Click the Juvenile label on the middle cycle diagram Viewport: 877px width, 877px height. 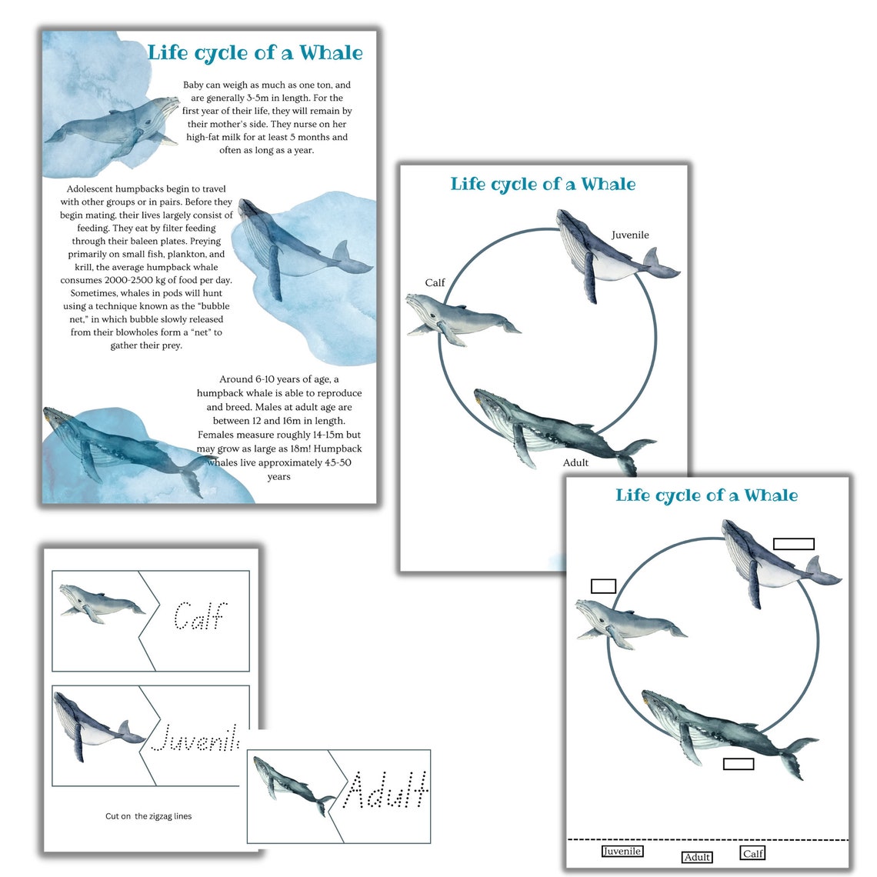pyautogui.click(x=630, y=235)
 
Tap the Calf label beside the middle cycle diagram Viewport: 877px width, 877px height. pyautogui.click(x=435, y=283)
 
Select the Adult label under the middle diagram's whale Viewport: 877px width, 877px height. pyautogui.click(x=575, y=462)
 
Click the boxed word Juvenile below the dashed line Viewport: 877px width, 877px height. pyautogui.click(x=622, y=852)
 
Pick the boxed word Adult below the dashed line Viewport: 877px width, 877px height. pyautogui.click(x=697, y=857)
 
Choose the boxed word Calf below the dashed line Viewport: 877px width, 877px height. pyautogui.click(x=752, y=853)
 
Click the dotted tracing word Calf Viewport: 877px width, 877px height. pyautogui.click(x=198, y=616)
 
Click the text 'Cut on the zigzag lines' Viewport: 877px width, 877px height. pyautogui.click(x=148, y=816)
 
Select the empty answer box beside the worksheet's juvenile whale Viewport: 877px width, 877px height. pyautogui.click(x=793, y=544)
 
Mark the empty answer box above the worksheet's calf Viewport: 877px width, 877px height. pyautogui.click(x=603, y=586)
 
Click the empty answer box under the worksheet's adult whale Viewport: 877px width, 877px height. pyautogui.click(x=739, y=763)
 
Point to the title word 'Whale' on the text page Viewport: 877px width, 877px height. pyautogui.click(x=331, y=53)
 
